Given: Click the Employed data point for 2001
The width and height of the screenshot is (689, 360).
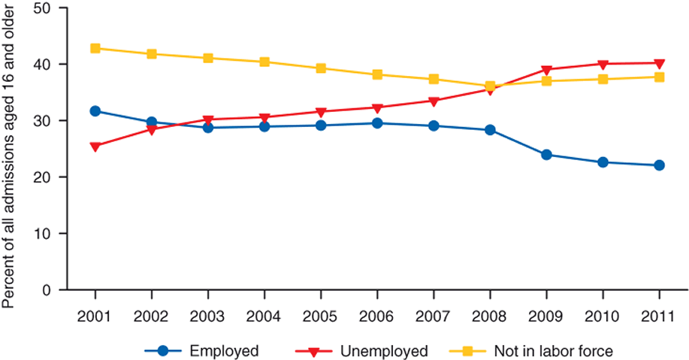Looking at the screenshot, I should (95, 111).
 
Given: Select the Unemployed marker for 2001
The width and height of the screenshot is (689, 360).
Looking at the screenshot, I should (95, 147).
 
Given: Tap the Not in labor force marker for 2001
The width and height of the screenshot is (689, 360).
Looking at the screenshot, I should (95, 48).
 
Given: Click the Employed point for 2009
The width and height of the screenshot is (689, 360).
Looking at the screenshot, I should (546, 155).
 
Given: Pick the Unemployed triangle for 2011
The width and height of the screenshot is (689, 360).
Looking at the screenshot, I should (659, 63).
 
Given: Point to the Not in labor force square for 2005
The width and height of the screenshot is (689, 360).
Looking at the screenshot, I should (321, 68).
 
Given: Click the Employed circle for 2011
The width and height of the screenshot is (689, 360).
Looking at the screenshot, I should (659, 165).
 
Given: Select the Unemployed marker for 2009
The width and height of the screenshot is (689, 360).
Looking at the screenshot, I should (546, 70).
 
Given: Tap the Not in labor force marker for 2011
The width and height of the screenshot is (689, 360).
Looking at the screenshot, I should (659, 77).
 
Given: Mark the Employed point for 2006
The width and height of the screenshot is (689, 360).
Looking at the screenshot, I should (377, 123).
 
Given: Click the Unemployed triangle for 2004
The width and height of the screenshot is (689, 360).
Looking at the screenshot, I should (264, 118).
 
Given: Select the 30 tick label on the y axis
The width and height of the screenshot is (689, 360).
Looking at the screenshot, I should (47, 121).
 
